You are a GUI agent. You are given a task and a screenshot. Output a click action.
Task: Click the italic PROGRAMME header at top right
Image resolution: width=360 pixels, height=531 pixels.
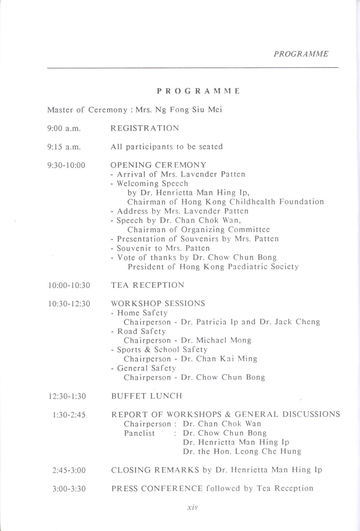[301, 54]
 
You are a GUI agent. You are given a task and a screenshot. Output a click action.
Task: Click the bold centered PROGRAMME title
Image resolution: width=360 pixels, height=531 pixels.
[198, 91]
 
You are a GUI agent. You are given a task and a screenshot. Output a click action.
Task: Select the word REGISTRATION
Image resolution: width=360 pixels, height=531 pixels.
[145, 128]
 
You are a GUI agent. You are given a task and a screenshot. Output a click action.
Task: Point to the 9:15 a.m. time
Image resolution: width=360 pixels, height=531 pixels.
[64, 147]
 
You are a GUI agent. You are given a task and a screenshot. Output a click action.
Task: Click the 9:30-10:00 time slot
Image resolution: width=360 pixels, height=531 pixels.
[66, 165]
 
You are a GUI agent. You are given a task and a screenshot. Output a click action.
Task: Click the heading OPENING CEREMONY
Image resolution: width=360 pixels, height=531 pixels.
[158, 165]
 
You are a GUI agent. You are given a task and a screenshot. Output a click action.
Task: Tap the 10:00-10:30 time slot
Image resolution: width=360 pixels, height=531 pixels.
[69, 285]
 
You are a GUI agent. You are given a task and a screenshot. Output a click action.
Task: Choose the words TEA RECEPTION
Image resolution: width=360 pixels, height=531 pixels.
[148, 285]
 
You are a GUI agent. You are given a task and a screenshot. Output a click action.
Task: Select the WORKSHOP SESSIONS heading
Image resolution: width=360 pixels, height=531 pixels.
[158, 304]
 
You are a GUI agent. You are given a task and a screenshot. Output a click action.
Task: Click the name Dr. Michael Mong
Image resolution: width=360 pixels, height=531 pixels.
[216, 340]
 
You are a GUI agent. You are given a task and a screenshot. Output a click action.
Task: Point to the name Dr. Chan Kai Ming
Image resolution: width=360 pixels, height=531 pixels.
[219, 359]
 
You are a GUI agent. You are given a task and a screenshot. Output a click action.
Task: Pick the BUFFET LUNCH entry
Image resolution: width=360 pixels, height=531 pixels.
[146, 396]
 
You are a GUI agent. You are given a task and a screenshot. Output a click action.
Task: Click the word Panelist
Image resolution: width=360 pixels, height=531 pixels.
[139, 433]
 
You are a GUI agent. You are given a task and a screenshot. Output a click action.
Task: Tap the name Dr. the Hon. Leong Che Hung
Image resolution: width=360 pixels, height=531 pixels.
[242, 451]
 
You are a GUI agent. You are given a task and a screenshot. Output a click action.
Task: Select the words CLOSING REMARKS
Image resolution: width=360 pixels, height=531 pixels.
[155, 470]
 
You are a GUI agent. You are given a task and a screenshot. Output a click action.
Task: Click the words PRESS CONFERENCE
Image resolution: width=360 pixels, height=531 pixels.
[157, 489]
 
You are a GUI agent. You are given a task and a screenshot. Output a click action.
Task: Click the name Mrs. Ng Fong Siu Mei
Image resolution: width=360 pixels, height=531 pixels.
[179, 110]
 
